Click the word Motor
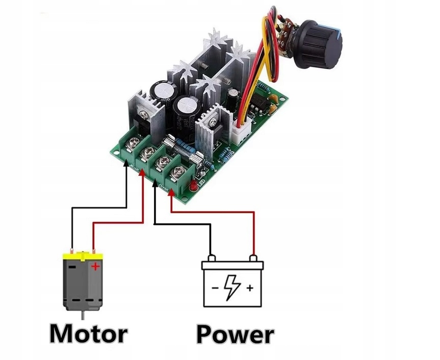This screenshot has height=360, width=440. (88, 334)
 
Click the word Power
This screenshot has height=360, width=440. (235, 335)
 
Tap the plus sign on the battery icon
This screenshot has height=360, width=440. (250, 288)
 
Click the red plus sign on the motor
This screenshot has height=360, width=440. (94, 267)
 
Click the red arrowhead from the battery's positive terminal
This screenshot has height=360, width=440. (172, 192)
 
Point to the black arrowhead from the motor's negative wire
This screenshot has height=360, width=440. (126, 162)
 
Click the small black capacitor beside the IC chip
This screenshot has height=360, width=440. (232, 98)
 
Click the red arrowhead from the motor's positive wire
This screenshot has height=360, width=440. (143, 174)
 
